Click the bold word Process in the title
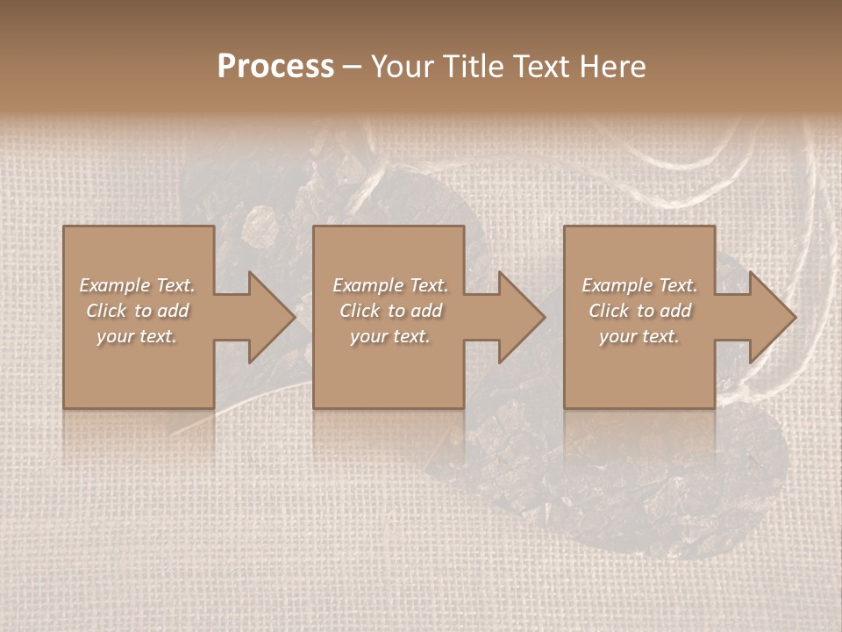275,67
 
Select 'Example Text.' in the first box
137,285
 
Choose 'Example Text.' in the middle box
390,285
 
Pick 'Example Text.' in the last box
639,285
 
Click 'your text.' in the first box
137,336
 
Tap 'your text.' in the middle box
390,336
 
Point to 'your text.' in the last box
639,336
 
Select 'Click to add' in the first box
137,311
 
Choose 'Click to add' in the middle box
390,311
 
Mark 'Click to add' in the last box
639,311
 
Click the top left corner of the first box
64,226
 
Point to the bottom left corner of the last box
565,407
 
